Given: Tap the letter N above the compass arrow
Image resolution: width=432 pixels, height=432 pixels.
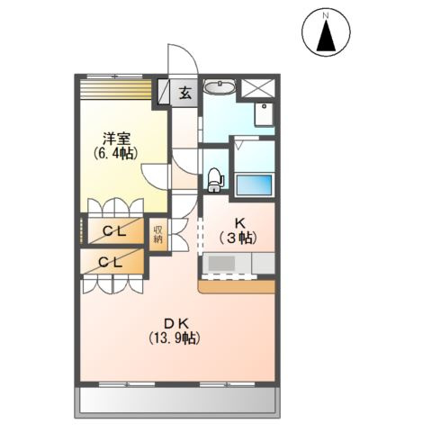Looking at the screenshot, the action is pyautogui.click(x=326, y=16).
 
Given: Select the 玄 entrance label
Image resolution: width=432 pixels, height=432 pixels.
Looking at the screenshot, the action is pyautogui.click(x=185, y=93).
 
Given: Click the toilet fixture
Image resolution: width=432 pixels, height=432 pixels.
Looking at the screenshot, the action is pyautogui.click(x=215, y=179).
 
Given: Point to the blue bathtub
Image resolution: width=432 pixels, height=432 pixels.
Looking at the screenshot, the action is pyautogui.click(x=254, y=184).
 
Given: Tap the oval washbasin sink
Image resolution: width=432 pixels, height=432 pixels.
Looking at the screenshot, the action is pyautogui.click(x=220, y=87).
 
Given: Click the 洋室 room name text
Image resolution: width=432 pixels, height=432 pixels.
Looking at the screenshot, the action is pyautogui.click(x=116, y=139).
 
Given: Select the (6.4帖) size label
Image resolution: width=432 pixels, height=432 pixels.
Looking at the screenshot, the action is pyautogui.click(x=116, y=154).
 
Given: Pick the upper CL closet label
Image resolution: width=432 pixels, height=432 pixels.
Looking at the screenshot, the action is pyautogui.click(x=114, y=231).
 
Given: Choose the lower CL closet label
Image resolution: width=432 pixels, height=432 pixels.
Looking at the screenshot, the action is pyautogui.click(x=111, y=263).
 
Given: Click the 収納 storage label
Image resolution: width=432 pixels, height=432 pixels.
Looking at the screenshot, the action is pyautogui.click(x=157, y=234).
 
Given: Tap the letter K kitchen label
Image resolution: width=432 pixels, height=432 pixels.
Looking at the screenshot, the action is pyautogui.click(x=239, y=223).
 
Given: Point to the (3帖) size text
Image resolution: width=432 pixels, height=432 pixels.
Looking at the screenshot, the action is pyautogui.click(x=238, y=238).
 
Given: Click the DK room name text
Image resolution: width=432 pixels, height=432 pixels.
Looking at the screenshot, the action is pyautogui.click(x=175, y=323).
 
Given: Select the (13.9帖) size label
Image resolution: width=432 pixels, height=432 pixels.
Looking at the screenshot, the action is pyautogui.click(x=175, y=338).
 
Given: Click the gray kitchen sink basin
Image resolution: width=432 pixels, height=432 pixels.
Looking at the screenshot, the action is pyautogui.click(x=221, y=264).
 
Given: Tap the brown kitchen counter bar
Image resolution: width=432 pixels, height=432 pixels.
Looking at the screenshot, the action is pyautogui.click(x=237, y=287).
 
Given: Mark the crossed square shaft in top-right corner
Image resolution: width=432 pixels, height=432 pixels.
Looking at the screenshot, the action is pyautogui.click(x=258, y=88).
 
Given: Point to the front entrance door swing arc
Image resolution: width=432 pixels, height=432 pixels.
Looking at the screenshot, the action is pyautogui.click(x=190, y=53).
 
